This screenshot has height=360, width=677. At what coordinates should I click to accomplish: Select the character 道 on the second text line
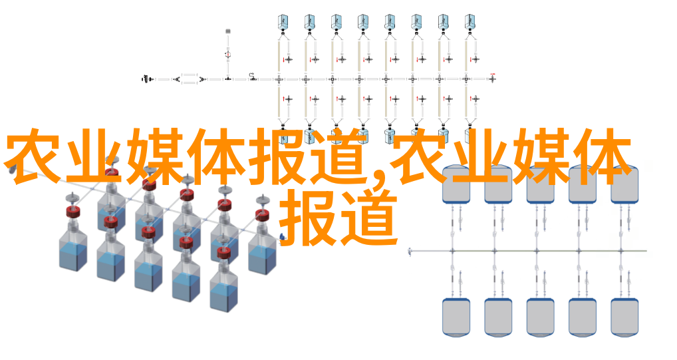(368, 218)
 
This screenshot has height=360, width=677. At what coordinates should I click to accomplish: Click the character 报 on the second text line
(309, 218)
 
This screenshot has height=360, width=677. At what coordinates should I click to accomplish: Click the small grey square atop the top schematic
(228, 31)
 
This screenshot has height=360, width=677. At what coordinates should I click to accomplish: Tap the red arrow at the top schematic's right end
(493, 75)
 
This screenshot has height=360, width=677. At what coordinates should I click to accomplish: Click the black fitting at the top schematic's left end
(146, 79)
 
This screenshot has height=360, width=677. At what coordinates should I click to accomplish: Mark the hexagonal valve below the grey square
(228, 55)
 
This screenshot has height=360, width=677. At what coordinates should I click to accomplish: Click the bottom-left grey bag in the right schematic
(456, 317)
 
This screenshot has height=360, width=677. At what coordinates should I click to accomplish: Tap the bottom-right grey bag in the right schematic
(624, 317)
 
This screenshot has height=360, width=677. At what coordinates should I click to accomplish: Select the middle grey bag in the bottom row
(540, 317)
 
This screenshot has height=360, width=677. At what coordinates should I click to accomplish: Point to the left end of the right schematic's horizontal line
(409, 251)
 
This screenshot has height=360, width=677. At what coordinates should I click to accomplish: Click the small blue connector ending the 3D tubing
(283, 237)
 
